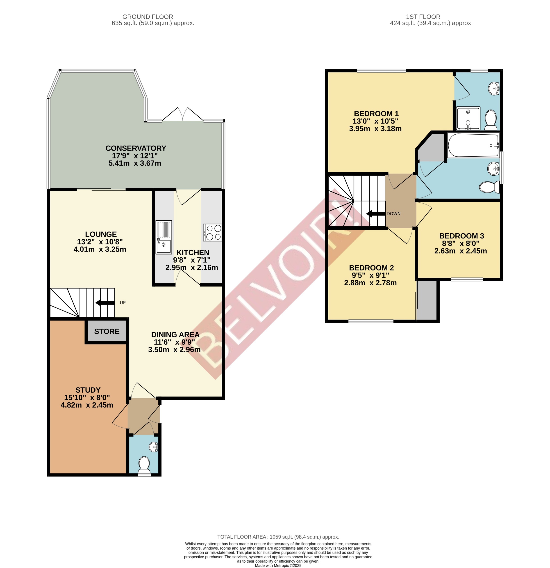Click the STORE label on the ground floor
pyautogui.click(x=107, y=331)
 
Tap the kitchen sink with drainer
pyautogui.click(x=164, y=237)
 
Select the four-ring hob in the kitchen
pyautogui.click(x=212, y=232)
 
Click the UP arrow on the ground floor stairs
pyautogui.click(x=105, y=302)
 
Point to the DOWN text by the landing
pyautogui.click(x=393, y=214)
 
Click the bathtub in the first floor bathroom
pyautogui.click(x=473, y=145)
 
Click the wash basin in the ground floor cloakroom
pyautogui.click(x=154, y=447)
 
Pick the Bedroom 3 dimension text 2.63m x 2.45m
pyautogui.click(x=460, y=251)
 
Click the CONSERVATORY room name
pyautogui.click(x=136, y=148)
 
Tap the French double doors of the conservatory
pyautogui.click(x=182, y=115)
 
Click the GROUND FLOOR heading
pyautogui.click(x=148, y=17)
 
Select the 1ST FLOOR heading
pyautogui.click(x=423, y=17)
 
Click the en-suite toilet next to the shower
pyautogui.click(x=491, y=120)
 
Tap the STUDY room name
pyautogui.click(x=88, y=390)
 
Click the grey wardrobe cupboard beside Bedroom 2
pyautogui.click(x=427, y=300)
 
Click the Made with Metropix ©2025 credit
pyautogui.click(x=278, y=565)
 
